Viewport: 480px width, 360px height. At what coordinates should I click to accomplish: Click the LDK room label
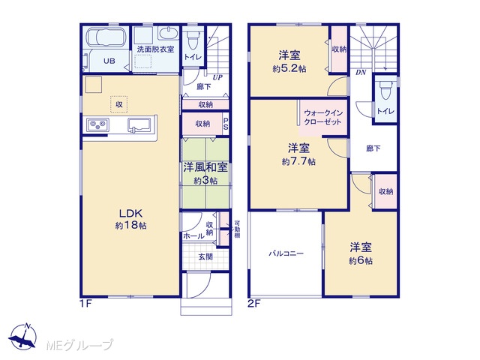pos(130,213)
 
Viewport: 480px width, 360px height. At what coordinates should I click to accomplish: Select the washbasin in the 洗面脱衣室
pos(168,33)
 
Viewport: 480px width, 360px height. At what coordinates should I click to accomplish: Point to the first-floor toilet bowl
pos(193,40)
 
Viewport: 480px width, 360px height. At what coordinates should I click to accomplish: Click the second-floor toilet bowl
pos(385,90)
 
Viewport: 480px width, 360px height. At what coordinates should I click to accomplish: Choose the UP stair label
pos(217,77)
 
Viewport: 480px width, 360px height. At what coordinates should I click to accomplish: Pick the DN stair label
pos(361,73)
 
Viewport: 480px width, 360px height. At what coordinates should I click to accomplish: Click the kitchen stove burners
pos(97,124)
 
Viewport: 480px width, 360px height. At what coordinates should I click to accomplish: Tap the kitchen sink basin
pos(139,125)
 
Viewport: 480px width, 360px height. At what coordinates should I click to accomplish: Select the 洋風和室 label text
pos(205,168)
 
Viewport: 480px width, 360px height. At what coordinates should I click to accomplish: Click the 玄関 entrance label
pos(205,256)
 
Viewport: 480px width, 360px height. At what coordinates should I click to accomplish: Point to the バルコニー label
pos(286,253)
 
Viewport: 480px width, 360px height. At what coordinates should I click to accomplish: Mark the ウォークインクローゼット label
pos(323,118)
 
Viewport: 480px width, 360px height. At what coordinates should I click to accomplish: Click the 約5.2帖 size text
pos(289,69)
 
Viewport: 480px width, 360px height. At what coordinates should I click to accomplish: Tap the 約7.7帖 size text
pos(298,161)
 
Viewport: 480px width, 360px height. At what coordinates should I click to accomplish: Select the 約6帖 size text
pos(361,261)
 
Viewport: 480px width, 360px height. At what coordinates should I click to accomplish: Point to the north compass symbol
pos(23,336)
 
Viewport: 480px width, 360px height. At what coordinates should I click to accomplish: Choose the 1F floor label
pos(85,304)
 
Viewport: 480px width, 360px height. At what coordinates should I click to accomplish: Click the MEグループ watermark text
pos(79,346)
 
